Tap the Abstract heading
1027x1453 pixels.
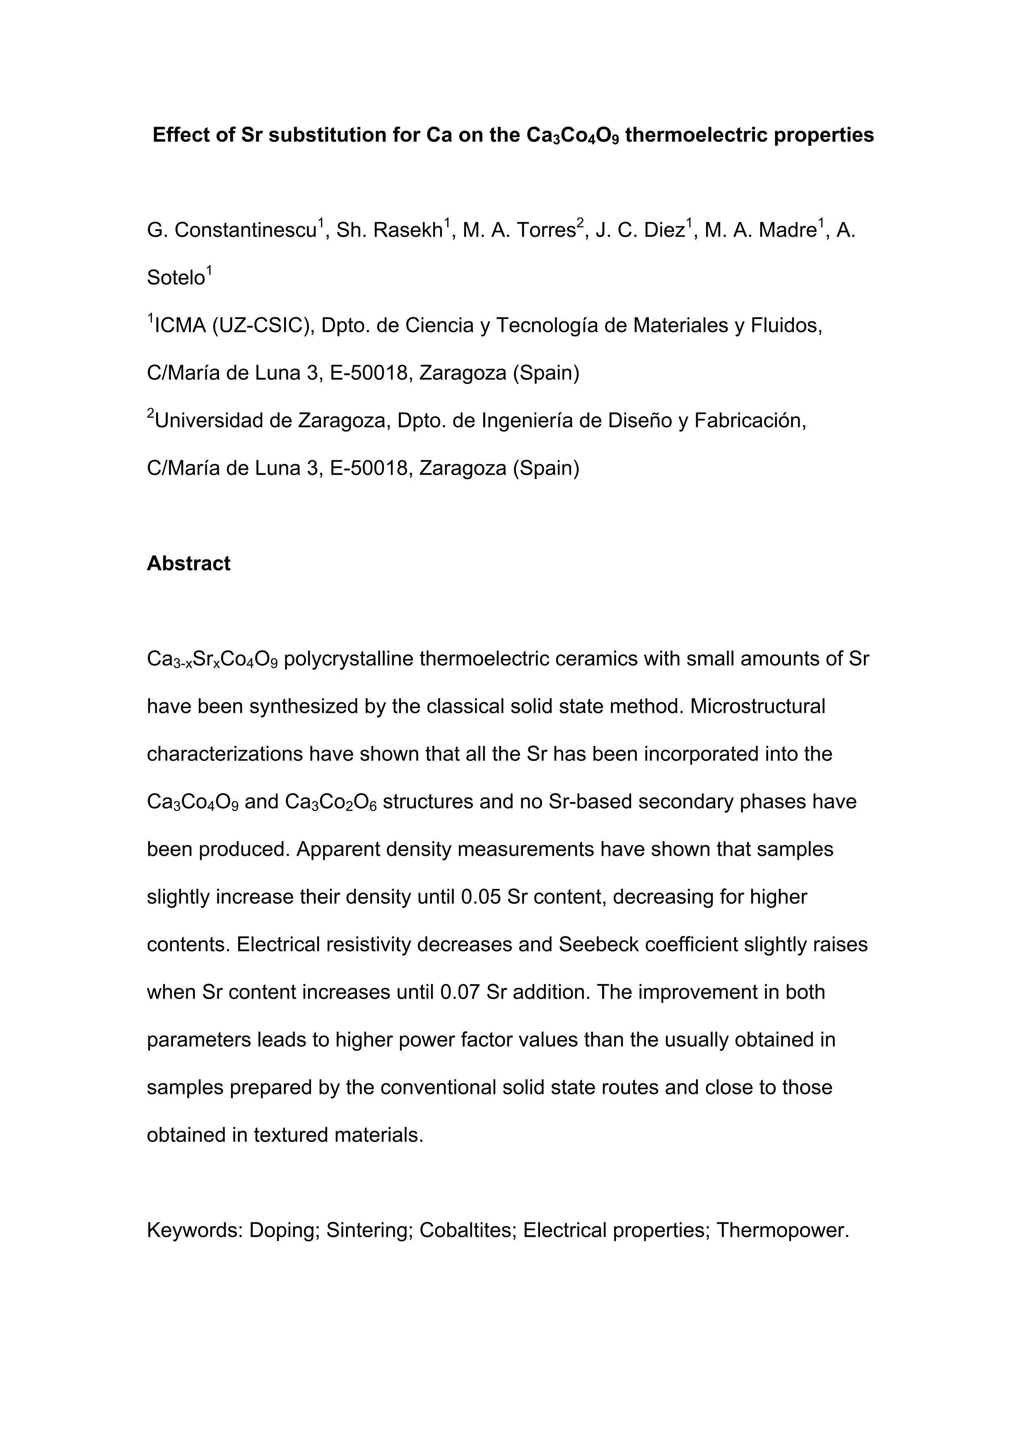(188, 563)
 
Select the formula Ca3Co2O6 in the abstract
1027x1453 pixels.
(331, 802)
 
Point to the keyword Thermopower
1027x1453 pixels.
(782, 1230)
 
